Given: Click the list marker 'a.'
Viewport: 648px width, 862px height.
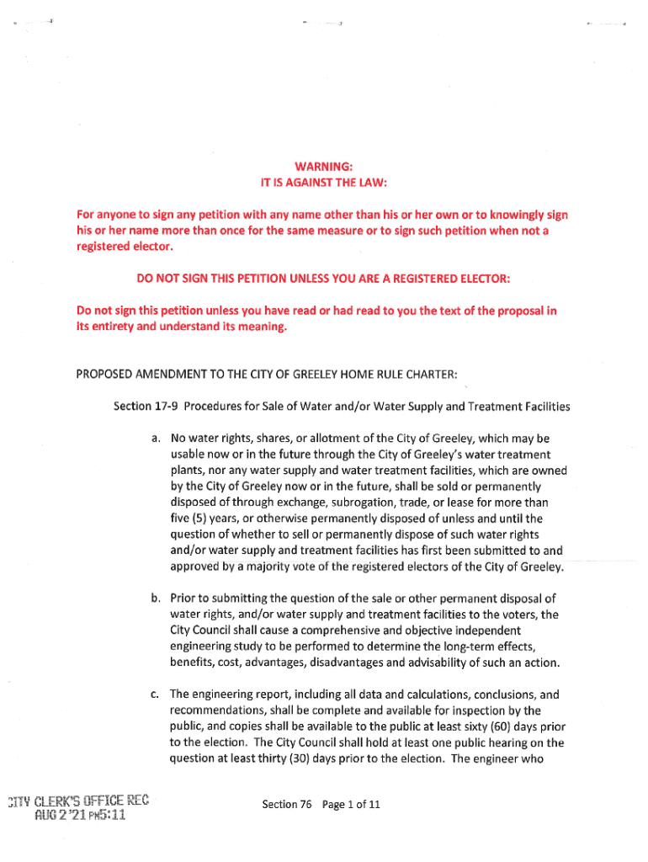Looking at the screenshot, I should [156, 439].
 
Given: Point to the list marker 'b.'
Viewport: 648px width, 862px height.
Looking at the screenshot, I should [156, 599].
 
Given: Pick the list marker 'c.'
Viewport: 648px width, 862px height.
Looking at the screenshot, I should [156, 694].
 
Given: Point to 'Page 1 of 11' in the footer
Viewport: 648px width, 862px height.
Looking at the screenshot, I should [350, 805].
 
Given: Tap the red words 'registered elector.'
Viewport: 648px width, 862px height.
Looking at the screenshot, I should [124, 247].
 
